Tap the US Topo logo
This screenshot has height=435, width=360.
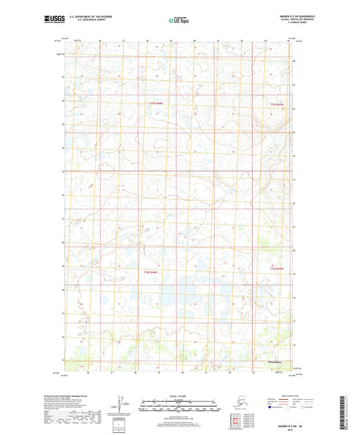tap(179, 21)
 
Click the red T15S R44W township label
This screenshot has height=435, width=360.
tap(157, 103)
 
